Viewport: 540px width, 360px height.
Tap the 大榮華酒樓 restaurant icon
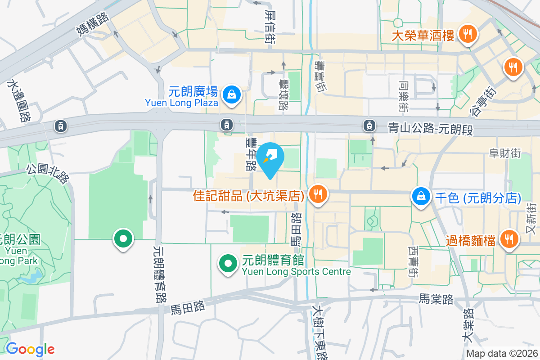coord(468,34)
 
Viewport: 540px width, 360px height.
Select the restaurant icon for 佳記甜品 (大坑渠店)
coord(318,195)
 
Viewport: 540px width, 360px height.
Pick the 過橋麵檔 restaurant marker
coord(509,239)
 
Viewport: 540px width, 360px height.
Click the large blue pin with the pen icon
coord(270,159)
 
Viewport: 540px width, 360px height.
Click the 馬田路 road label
coord(188,307)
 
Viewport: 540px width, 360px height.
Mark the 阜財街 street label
coord(505,153)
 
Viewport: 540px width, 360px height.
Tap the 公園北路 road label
coord(48,173)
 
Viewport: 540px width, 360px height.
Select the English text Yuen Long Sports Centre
coord(296,271)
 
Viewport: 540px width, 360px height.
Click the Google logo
coord(30,349)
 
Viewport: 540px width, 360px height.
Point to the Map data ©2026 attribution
coord(502,354)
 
